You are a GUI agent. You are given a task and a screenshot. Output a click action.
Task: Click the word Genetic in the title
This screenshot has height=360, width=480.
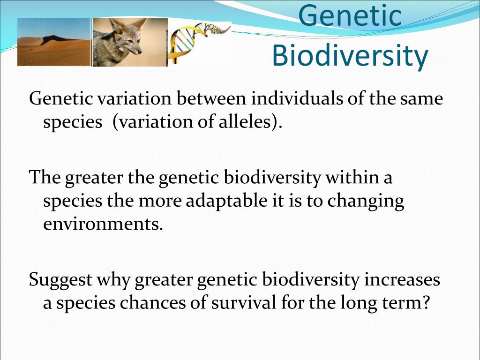click(350, 15)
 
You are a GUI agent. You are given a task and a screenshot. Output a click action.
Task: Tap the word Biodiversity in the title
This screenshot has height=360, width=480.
click(350, 55)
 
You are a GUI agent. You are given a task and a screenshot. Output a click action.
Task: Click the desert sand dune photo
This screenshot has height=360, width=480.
click(54, 42)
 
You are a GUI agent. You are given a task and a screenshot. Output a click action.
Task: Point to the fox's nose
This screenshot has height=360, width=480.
click(140, 52)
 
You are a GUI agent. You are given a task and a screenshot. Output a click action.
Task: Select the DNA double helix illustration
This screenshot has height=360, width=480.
click(199, 43)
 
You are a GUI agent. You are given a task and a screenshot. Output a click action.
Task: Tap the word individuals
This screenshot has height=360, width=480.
click(297, 98)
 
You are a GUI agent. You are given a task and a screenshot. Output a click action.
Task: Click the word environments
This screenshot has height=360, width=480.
click(103, 225)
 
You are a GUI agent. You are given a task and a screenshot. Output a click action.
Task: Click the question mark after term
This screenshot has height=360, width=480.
click(426, 302)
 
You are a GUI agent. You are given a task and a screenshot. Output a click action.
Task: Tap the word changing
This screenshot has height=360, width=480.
click(366, 202)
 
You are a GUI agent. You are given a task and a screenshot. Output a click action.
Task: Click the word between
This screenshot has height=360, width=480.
click(211, 98)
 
